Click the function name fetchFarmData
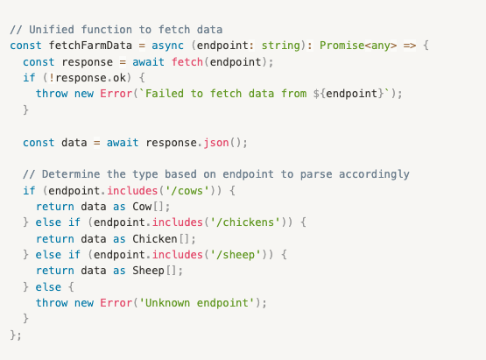[90, 46]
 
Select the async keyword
[167, 46]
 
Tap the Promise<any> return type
[358, 46]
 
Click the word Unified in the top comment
[52, 30]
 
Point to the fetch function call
[187, 61]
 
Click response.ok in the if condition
[91, 78]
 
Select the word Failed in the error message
[165, 94]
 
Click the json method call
[216, 143]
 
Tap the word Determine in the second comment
[71, 174]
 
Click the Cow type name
[142, 207]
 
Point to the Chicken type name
[155, 239]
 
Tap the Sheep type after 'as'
[148, 271]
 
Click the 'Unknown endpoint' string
[196, 303]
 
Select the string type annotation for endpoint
[281, 46]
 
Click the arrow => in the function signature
[410, 46]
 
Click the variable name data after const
[74, 142]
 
